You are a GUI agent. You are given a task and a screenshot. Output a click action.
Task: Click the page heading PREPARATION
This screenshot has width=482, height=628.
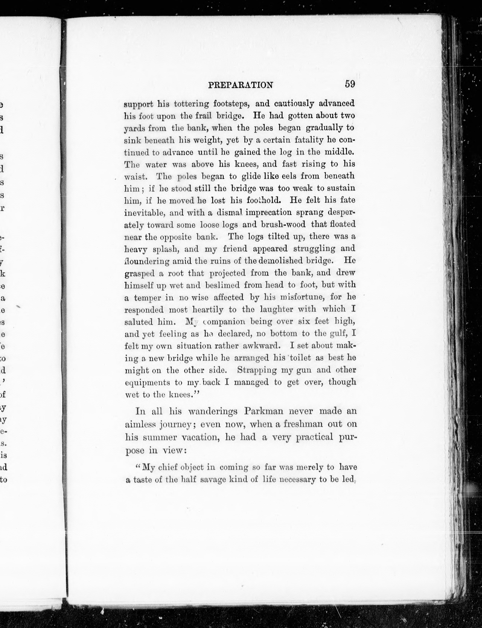[x=240, y=85]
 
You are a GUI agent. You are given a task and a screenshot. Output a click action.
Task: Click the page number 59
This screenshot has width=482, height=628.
[x=350, y=84]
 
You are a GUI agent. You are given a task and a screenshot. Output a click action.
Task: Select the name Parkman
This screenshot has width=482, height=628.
[x=264, y=411]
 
